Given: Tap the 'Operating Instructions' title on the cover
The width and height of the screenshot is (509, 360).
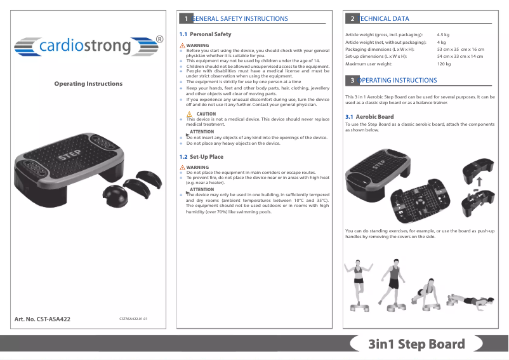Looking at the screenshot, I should point(88,84).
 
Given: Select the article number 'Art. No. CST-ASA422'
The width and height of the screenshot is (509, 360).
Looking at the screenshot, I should point(43,319).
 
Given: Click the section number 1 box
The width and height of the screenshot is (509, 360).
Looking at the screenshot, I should point(185,19).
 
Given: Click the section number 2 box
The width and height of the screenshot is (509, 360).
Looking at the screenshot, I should point(352,19).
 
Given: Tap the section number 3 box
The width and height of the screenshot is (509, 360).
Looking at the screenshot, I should point(352,81).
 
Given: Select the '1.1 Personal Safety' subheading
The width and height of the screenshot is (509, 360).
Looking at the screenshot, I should point(206,34).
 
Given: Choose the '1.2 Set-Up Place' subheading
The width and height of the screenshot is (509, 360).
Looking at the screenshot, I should point(202,157).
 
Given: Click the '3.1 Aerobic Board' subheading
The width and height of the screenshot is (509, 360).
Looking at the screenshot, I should point(369,117).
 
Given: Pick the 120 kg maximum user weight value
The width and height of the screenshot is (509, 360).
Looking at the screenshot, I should point(444,64).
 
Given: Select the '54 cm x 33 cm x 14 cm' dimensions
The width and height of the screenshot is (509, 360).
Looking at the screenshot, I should point(460,57).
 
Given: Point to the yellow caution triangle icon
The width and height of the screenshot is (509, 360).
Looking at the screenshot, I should point(189,114).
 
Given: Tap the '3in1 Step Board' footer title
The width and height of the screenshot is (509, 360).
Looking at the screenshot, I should point(416,345).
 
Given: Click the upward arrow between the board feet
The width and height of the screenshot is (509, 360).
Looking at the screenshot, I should point(479,180).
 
